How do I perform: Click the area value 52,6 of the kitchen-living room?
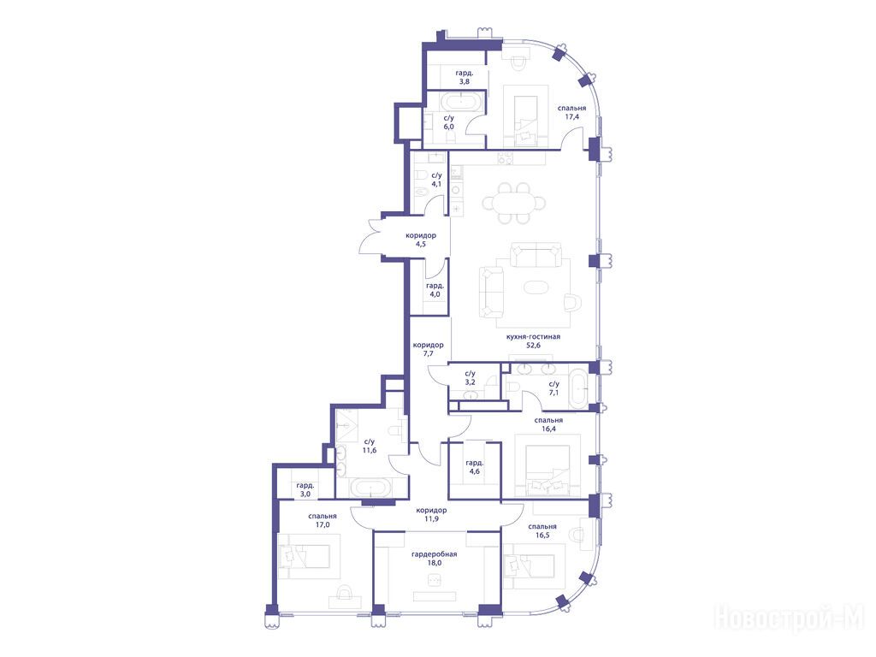(x=533, y=346)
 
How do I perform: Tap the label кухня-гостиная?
(x=533, y=337)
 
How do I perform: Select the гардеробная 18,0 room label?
(x=434, y=558)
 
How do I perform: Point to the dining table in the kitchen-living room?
(x=514, y=203)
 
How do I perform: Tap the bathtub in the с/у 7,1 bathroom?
(x=578, y=388)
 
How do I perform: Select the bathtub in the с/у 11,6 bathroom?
(x=371, y=488)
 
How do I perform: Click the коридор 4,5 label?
(x=421, y=240)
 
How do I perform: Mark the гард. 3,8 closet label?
(x=465, y=77)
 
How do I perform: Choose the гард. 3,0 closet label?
(x=305, y=490)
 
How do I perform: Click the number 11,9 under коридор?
(x=431, y=518)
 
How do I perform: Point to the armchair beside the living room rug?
(x=572, y=302)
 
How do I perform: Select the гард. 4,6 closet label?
(x=474, y=467)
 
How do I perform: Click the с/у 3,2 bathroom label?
(x=470, y=377)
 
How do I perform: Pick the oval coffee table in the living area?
(x=537, y=287)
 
